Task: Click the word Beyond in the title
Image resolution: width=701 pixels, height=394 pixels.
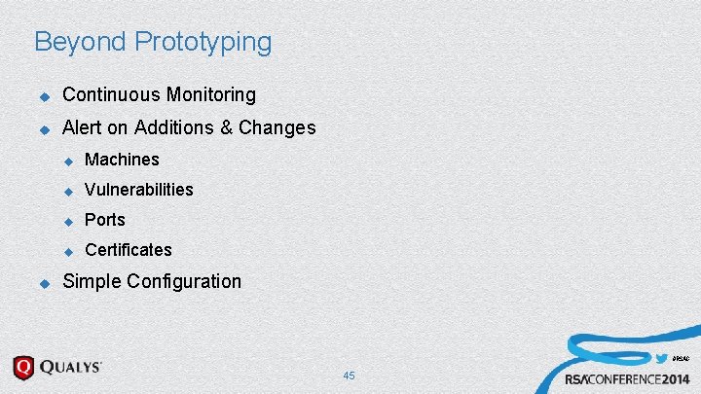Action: (x=81, y=43)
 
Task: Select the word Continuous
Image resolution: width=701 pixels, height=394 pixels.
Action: (x=110, y=95)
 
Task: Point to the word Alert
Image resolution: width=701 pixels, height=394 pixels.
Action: (x=84, y=127)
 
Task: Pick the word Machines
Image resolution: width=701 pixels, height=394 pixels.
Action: (x=122, y=160)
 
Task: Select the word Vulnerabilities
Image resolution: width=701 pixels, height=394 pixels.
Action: (x=139, y=190)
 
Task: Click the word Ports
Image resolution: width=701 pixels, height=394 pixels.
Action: (x=105, y=220)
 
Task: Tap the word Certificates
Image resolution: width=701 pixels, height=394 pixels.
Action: (x=129, y=250)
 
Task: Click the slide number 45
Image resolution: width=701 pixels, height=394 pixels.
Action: (x=349, y=376)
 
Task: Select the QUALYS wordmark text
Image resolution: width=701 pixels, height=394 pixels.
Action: (x=71, y=368)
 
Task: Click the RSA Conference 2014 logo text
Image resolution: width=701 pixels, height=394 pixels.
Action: (x=628, y=378)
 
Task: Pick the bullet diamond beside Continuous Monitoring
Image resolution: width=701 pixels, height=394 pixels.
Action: (x=43, y=96)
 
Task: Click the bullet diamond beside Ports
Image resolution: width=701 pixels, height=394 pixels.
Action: (x=68, y=221)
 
